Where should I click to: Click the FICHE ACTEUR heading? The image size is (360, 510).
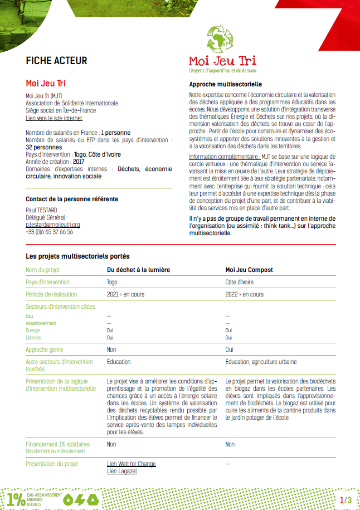point(56,61)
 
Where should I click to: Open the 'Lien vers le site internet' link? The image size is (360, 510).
point(54,118)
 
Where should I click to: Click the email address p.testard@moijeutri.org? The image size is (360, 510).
point(53,225)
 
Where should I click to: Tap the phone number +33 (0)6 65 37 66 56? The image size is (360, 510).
point(50,232)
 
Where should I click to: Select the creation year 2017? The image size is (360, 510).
point(79,162)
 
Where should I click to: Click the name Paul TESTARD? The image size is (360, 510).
point(42,210)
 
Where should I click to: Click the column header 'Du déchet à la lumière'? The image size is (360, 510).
point(138,270)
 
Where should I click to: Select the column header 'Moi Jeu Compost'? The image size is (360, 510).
point(249,270)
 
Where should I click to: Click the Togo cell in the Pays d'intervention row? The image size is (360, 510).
point(112,282)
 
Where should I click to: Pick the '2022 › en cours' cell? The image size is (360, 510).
point(245,294)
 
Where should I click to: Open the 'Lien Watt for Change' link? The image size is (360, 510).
point(132,464)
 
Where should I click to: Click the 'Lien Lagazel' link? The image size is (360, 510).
point(121,472)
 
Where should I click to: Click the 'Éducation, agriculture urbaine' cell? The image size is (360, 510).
point(261,362)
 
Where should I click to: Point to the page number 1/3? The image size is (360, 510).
point(346,500)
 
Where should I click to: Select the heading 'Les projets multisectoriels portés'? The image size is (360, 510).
point(77,256)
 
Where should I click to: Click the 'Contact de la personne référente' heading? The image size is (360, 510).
point(72,199)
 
